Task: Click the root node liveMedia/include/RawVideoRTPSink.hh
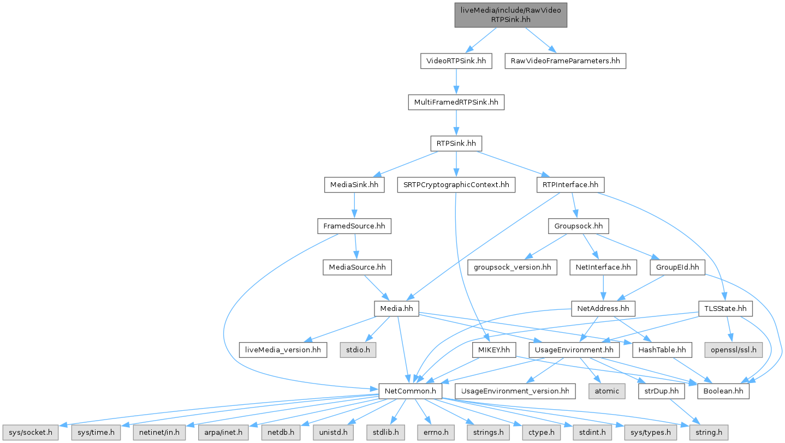tap(511, 14)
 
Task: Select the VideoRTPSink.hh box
tap(456, 61)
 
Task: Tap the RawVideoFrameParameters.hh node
tap(564, 61)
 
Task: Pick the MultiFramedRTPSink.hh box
tap(456, 102)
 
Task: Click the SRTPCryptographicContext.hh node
tap(456, 185)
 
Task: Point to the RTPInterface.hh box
tap(570, 185)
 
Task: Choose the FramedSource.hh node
tap(354, 226)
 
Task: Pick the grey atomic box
tap(606, 391)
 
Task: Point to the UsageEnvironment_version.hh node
tap(515, 391)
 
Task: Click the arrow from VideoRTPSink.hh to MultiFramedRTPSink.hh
tap(456, 81)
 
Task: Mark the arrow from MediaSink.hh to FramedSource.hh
tap(354, 206)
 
